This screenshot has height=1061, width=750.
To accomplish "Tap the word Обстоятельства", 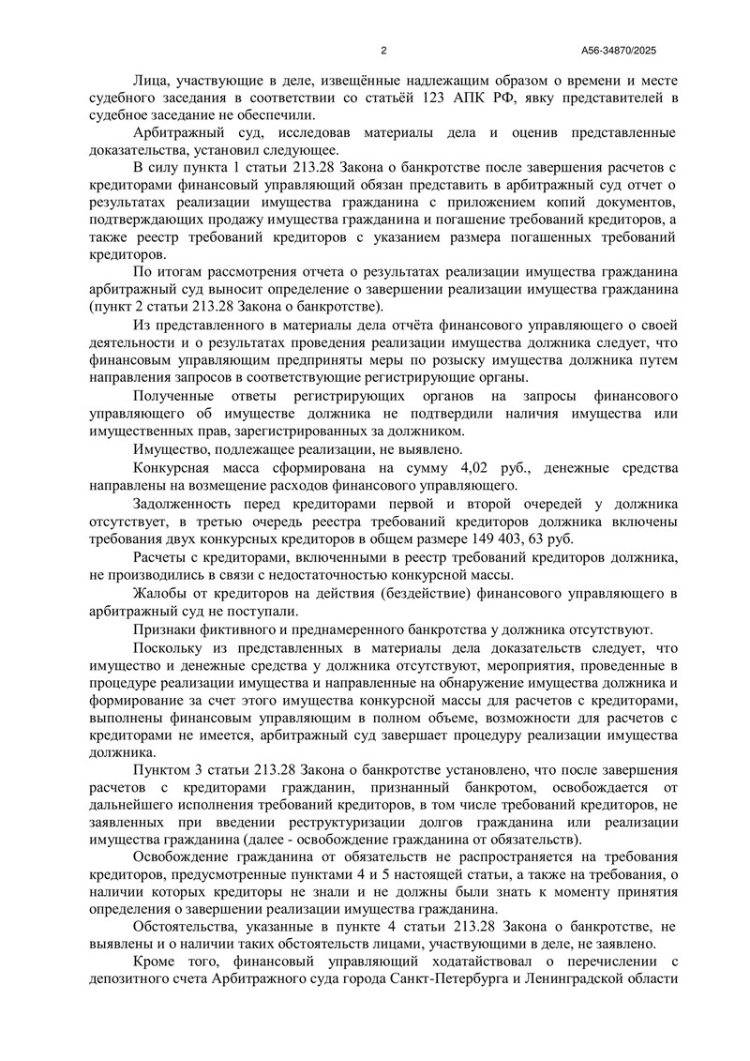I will (190, 924).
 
